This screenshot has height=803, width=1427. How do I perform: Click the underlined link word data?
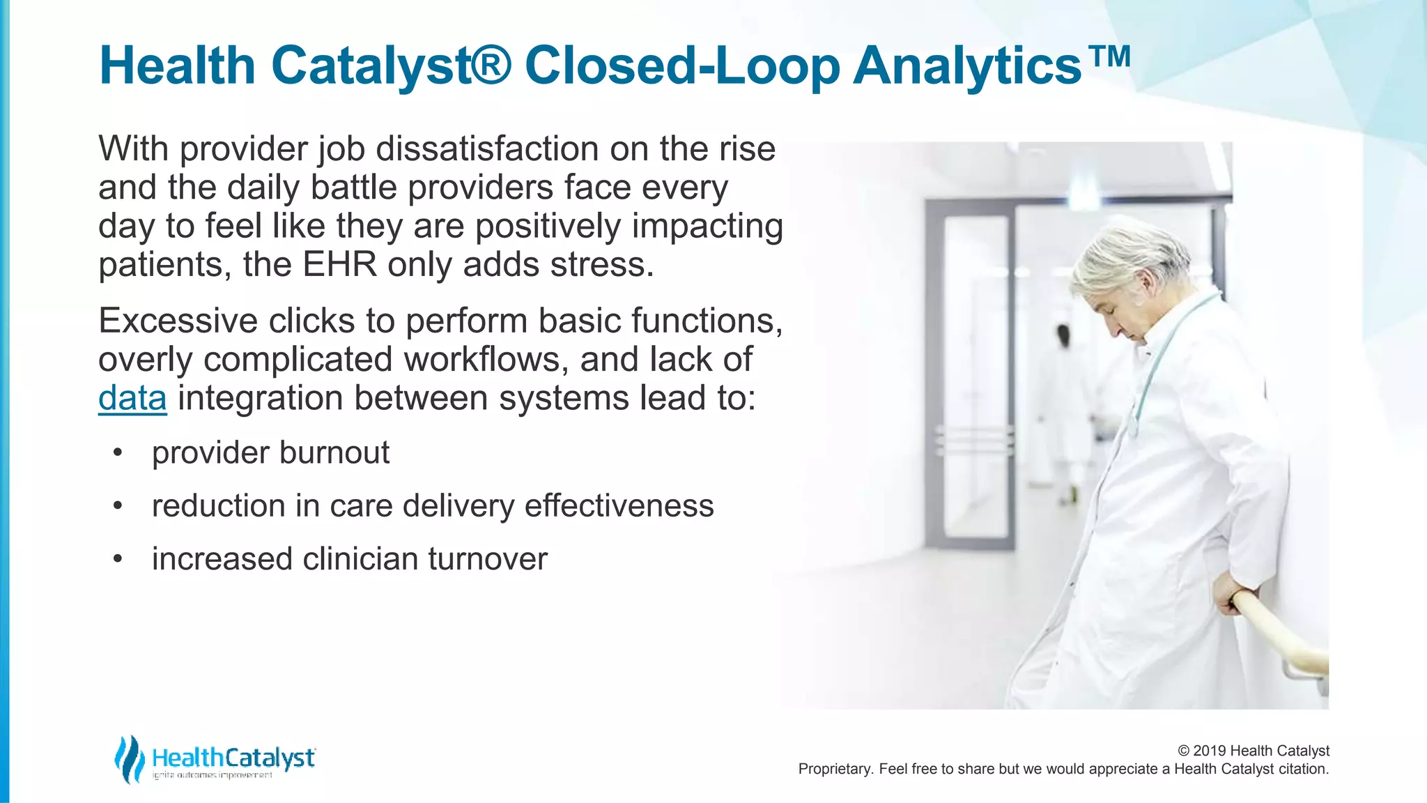[132, 398]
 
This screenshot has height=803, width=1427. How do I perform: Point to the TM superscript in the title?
[1108, 56]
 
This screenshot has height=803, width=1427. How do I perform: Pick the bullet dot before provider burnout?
[118, 453]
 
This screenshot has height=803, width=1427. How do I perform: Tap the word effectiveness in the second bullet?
[619, 506]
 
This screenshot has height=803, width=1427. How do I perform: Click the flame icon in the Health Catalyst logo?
[130, 758]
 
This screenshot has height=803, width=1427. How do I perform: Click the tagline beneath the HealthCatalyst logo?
[213, 776]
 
